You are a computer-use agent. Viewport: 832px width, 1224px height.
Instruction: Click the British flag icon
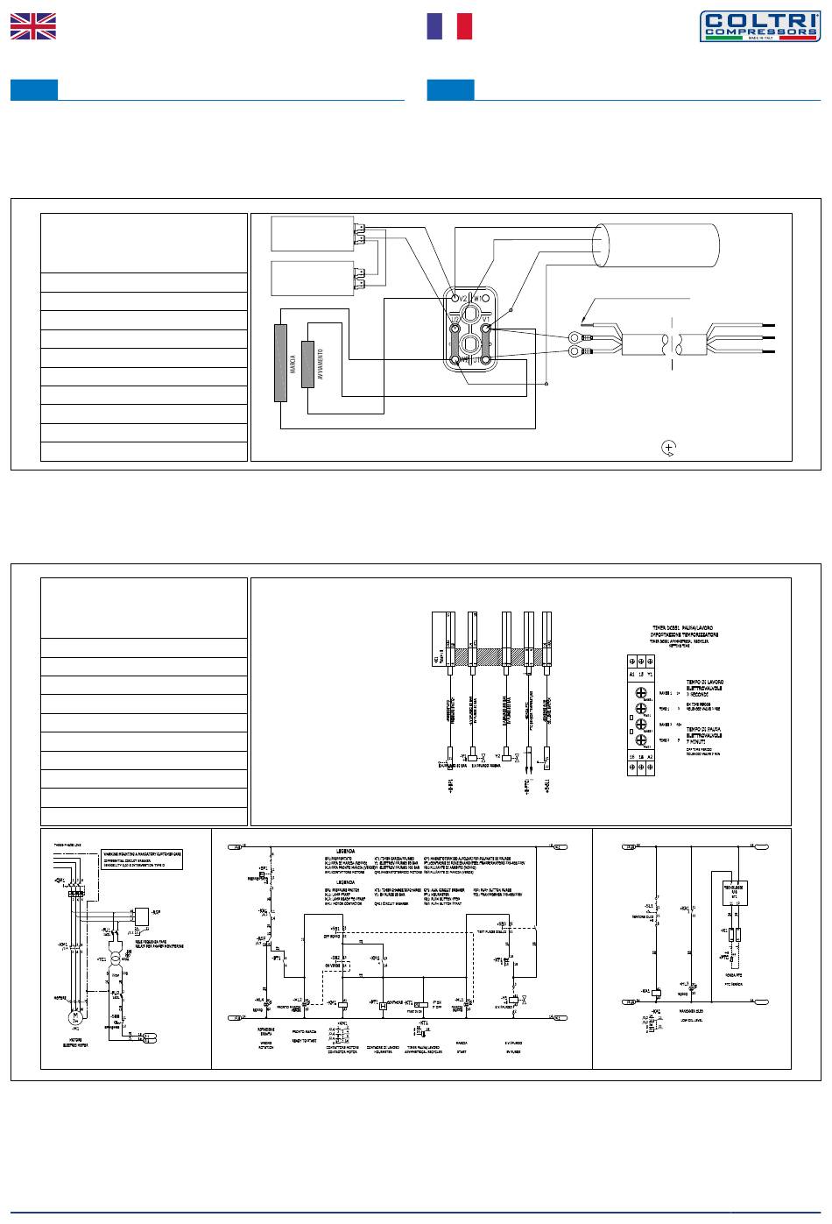pyautogui.click(x=32, y=26)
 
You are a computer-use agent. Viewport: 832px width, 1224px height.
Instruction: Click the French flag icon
pyautogui.click(x=448, y=26)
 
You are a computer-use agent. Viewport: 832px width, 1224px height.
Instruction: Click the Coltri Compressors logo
pyautogui.click(x=758, y=25)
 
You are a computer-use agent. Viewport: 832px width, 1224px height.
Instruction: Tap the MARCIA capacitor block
pyautogui.click(x=280, y=363)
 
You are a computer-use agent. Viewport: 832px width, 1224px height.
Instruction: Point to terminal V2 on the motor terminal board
pyautogui.click(x=455, y=299)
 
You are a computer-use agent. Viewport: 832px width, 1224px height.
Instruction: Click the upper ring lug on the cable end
pyautogui.click(x=575, y=336)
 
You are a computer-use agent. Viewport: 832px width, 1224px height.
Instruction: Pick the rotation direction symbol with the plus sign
pyautogui.click(x=669, y=448)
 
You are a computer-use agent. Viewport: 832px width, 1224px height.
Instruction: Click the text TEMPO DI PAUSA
pyautogui.click(x=707, y=729)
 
